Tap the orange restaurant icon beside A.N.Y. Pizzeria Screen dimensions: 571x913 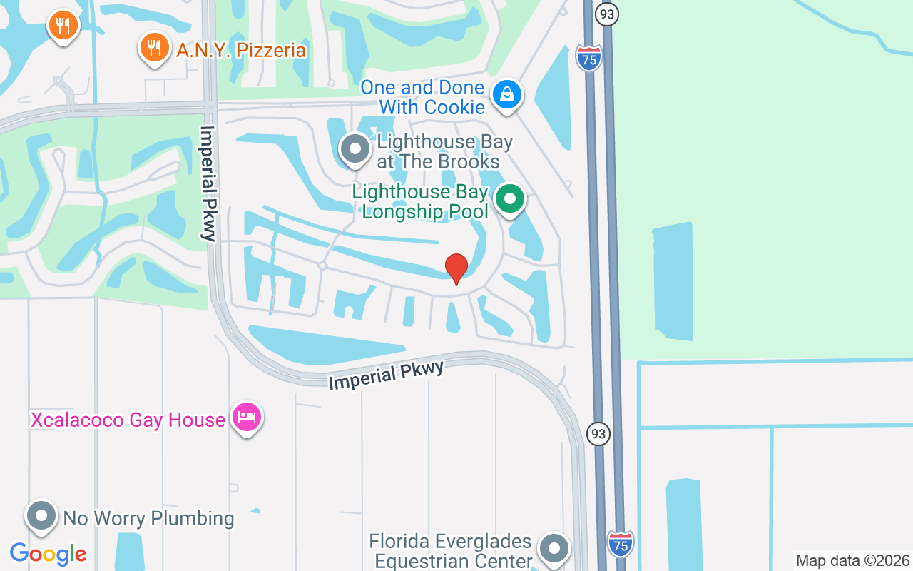(154, 48)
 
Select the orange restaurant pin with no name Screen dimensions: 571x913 (63, 26)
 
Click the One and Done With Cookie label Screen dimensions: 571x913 (422, 97)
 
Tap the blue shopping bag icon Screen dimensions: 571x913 (507, 94)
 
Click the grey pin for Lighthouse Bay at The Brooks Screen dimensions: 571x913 (355, 149)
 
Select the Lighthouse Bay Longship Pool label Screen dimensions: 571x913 (420, 201)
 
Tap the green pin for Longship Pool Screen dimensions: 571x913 (509, 199)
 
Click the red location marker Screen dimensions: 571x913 (456, 268)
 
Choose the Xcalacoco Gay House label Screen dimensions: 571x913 (128, 419)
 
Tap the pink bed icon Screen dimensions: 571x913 (247, 417)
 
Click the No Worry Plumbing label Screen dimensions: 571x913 (148, 517)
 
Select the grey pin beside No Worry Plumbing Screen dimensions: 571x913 (41, 515)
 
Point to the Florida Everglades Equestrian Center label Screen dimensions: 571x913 (450, 551)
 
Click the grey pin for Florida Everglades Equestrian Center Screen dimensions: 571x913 (554, 548)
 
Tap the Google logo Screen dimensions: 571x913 (48, 553)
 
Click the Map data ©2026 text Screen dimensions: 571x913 (853, 560)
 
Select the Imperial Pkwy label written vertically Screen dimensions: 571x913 (208, 184)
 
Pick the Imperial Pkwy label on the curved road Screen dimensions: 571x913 (386, 375)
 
